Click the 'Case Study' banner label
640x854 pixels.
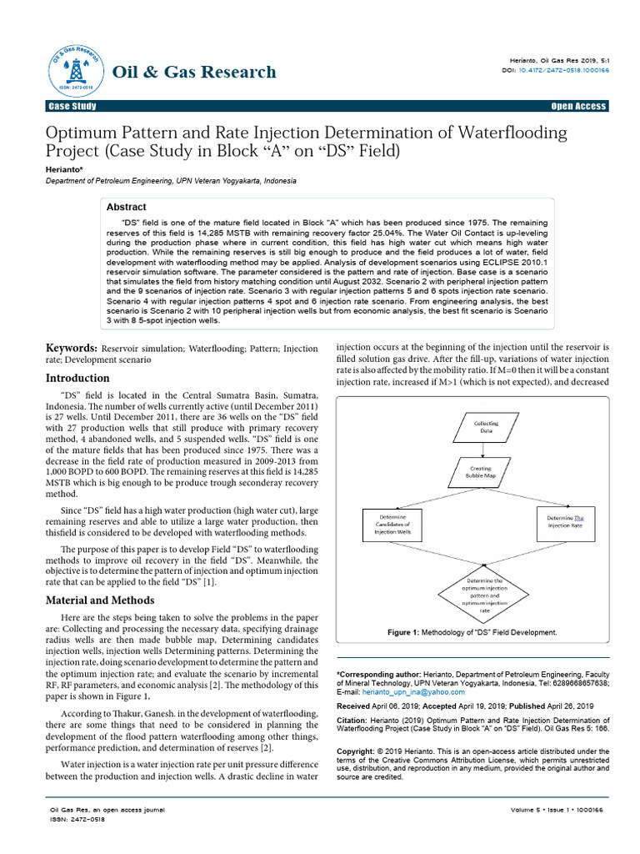coord(72,107)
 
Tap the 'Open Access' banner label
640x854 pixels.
coord(578,107)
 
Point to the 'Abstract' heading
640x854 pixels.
coord(127,207)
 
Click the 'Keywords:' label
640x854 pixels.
coord(71,348)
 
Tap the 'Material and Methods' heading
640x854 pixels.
coord(99,600)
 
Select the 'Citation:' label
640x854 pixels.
coord(354,720)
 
